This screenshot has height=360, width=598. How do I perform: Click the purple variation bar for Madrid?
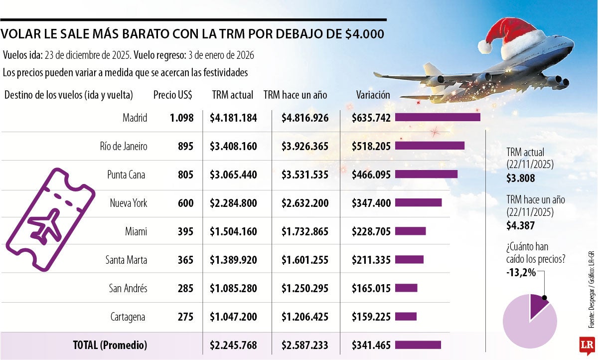[x=438, y=117]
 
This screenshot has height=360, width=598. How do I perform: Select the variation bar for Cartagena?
[x=406, y=317]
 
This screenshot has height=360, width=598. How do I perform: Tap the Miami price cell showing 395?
[x=186, y=231]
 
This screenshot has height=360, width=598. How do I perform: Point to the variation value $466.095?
[x=371, y=175]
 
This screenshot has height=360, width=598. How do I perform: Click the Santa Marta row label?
[x=126, y=260]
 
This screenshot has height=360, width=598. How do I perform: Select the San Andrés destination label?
[x=128, y=288]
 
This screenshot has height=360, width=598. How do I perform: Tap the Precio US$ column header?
[x=173, y=95]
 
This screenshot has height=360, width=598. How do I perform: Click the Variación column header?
[x=373, y=95]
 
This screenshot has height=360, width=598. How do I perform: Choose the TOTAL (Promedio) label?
[x=110, y=345]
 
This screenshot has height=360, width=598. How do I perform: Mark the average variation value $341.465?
[x=371, y=345]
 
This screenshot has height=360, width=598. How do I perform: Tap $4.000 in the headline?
[x=364, y=34]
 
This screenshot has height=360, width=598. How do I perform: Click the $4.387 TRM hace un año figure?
[x=520, y=225]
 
